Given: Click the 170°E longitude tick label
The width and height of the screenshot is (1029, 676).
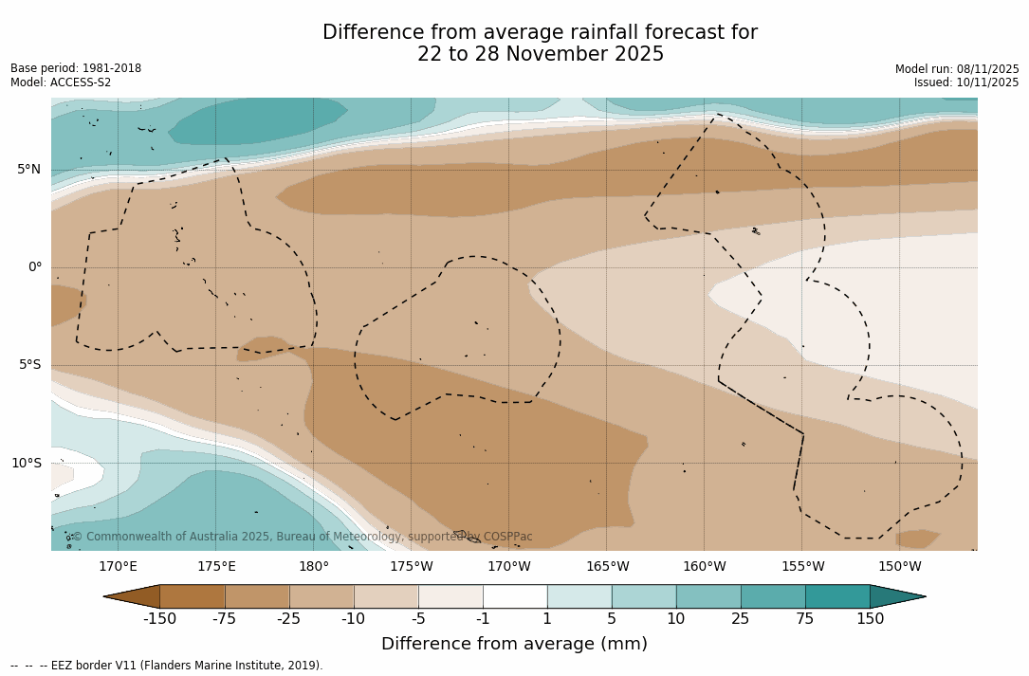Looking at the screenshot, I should point(118,567).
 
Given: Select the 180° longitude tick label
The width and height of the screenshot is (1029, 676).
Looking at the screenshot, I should point(314,567).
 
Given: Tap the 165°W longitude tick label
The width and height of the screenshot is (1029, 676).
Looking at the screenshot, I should point(607,567).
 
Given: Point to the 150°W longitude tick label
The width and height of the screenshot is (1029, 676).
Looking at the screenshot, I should point(899,567).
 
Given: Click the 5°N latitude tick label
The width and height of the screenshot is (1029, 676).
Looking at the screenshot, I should point(28,170).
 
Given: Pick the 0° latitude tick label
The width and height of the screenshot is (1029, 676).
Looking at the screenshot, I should point(35,267).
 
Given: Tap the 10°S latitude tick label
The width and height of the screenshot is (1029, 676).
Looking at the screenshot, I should point(27,464).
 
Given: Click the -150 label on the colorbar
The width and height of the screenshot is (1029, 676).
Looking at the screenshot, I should point(159,619).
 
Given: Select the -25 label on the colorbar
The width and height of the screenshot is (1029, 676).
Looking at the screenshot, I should point(289,619).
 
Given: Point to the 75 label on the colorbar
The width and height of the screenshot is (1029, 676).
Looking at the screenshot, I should point(805,619).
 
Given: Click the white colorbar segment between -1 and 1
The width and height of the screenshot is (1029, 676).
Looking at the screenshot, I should point(515,596).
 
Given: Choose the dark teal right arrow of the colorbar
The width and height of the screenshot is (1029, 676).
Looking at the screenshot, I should point(897,596).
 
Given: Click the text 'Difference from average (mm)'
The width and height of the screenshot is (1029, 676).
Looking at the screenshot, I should point(514,644).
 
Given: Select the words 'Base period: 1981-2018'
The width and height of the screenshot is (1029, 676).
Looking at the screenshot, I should point(76,68).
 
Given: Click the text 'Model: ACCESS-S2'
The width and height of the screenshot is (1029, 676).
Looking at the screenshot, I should point(61,82).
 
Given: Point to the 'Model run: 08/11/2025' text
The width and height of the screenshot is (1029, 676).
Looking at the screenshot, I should point(957,69).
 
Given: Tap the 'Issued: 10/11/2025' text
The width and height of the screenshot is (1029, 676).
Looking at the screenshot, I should point(966,82).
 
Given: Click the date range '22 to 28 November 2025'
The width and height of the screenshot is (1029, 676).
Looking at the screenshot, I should point(541,54).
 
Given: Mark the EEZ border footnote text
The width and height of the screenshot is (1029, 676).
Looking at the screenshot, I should point(167,666).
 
